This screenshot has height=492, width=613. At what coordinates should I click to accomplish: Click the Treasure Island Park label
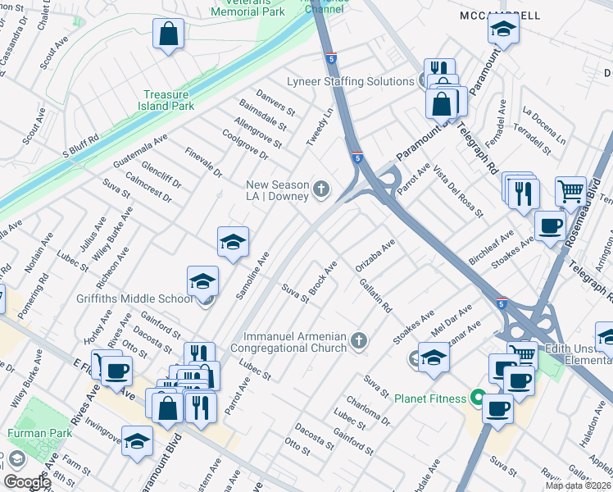pyautogui.click(x=168, y=100)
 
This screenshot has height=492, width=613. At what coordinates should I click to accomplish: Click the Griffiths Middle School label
pyautogui.click(x=134, y=298)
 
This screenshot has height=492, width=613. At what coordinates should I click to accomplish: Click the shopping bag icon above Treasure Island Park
pyautogui.click(x=168, y=34)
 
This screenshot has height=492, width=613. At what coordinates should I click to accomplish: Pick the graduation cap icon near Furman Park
pyautogui.click(x=137, y=440)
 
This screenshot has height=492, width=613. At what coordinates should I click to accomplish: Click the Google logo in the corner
pyautogui.click(x=27, y=481)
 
